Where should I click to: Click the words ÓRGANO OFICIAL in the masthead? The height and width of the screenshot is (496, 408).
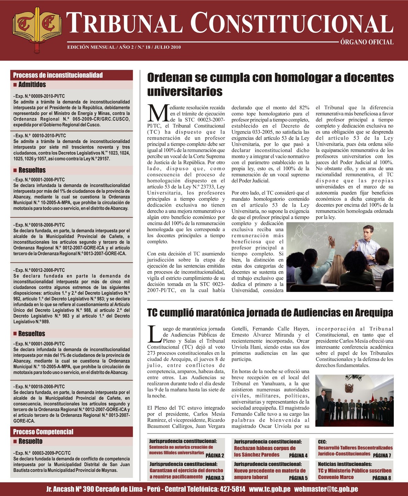point(367,42)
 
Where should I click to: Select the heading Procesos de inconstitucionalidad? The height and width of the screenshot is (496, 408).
point(58,75)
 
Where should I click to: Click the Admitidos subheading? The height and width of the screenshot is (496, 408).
point(32,85)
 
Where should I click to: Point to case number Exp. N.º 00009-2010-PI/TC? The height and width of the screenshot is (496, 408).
point(39,96)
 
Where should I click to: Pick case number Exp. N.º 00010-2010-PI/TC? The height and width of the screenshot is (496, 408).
point(40,136)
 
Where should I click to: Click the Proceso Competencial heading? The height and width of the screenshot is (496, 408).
point(43,432)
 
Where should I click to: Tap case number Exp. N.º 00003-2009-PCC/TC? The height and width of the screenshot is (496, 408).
point(42,453)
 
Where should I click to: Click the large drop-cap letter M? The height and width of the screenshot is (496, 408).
point(158,113)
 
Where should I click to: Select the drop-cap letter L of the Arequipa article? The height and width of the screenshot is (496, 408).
point(154,334)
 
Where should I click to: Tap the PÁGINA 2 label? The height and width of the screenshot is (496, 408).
point(215,456)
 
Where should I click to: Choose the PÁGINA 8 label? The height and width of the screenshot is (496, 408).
point(382,478)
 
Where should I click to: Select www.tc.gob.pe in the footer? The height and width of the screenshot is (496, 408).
point(269,489)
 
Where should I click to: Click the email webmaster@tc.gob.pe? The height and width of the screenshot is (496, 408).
point(326,489)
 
